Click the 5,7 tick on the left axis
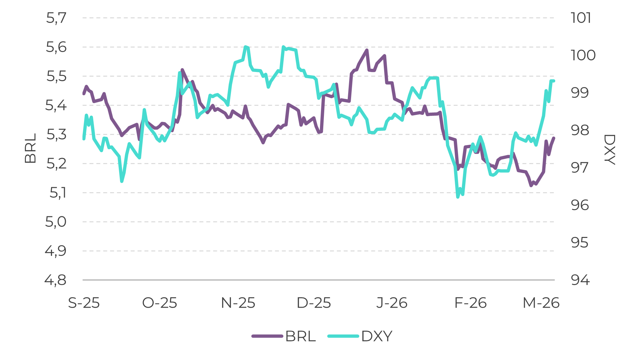(56, 18)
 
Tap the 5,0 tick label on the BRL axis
(56, 222)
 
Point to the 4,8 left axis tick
(56, 280)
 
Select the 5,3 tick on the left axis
(56, 135)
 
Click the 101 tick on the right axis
(581, 18)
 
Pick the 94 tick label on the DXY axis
(580, 280)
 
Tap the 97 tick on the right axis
(580, 168)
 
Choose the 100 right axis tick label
(583, 56)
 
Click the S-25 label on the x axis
(84, 303)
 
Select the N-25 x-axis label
(238, 303)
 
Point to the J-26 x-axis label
(392, 303)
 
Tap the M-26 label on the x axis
(541, 303)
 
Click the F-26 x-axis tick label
(470, 303)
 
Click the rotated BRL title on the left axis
(30, 148)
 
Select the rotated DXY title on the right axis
(609, 150)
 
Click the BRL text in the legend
(300, 336)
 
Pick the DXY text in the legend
(377, 336)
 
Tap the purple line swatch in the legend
(267, 336)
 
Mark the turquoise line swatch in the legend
(343, 336)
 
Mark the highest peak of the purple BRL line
(367, 50)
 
